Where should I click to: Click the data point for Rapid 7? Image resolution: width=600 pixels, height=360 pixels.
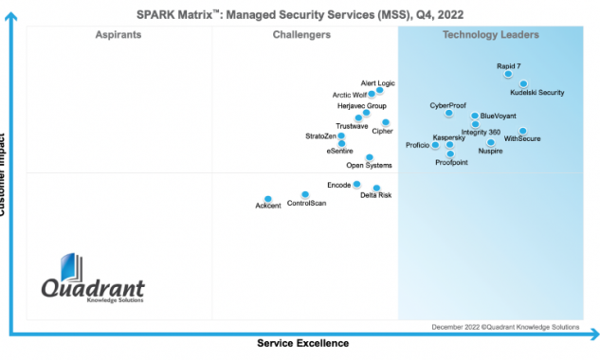509,74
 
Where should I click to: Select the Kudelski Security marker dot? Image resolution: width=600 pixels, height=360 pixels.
523,84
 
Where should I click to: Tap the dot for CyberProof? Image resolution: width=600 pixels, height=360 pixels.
449,113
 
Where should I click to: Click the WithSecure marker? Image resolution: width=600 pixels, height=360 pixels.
522,131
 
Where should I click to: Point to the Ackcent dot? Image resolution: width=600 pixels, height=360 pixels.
267,198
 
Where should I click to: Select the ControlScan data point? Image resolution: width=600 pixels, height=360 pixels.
304,194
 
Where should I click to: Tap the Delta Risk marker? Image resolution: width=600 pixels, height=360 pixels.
376,188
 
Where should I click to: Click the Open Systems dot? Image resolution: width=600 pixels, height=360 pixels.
369,157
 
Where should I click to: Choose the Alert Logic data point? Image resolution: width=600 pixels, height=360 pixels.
380,91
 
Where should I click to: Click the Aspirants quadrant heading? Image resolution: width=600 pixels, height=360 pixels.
118,35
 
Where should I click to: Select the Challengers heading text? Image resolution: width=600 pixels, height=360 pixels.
301,35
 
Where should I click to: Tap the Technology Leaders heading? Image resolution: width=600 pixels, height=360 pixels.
490,35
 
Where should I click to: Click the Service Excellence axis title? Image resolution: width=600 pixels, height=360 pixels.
302,343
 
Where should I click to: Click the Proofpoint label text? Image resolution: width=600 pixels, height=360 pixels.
452,163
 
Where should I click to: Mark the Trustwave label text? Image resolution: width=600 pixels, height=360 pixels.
352,126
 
